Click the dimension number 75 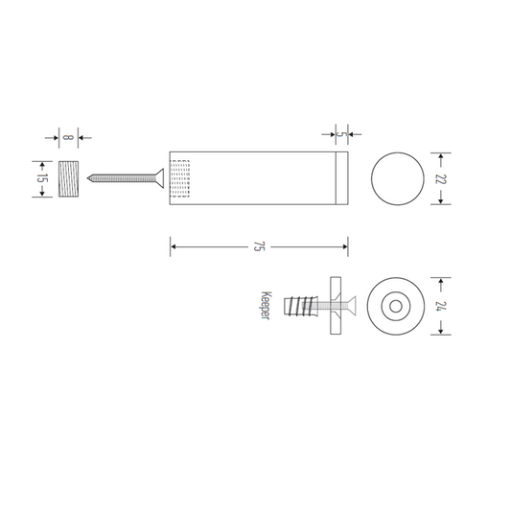(x=258, y=246)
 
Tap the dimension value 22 (x=440, y=179)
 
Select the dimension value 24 (x=440, y=306)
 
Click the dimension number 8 (x=67, y=137)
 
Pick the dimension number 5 (x=340, y=134)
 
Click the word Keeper (x=266, y=306)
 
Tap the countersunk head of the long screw (x=159, y=178)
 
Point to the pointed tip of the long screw (x=87, y=178)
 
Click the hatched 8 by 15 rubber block (x=68, y=178)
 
